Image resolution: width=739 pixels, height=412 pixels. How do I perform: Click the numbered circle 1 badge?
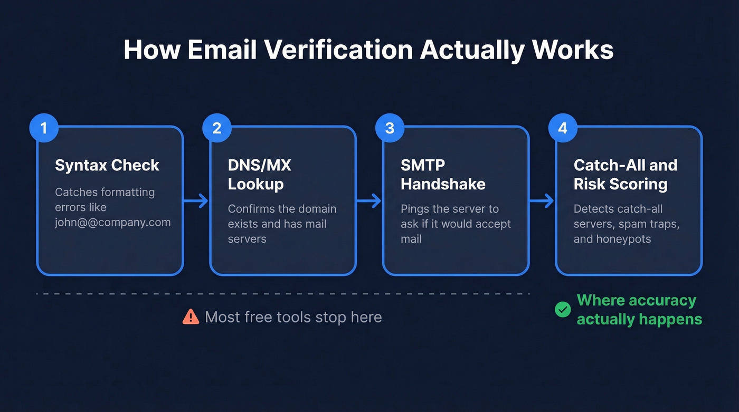pyautogui.click(x=44, y=128)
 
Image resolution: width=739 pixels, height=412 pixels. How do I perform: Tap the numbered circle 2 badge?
pyautogui.click(x=217, y=128)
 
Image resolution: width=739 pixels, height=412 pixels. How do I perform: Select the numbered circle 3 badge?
pyautogui.click(x=390, y=128)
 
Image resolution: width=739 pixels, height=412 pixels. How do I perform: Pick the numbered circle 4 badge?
pyautogui.click(x=563, y=128)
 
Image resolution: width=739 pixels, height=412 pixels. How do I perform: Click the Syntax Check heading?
pyautogui.click(x=107, y=165)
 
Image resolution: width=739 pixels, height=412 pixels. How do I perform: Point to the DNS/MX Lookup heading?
pyautogui.click(x=259, y=174)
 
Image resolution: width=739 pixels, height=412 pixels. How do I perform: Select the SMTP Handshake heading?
pyautogui.click(x=443, y=174)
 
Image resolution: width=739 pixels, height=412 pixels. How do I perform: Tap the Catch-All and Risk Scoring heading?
pyautogui.click(x=625, y=174)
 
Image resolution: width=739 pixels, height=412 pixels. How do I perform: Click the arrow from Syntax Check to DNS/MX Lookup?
pyautogui.click(x=196, y=200)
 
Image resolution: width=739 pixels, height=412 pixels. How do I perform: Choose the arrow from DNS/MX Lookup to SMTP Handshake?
pyautogui.click(x=369, y=200)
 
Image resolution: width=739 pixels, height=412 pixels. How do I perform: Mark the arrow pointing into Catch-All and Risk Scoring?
pyautogui.click(x=542, y=200)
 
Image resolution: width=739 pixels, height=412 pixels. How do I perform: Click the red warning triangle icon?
pyautogui.click(x=191, y=317)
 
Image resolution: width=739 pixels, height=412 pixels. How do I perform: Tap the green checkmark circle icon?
pyautogui.click(x=563, y=310)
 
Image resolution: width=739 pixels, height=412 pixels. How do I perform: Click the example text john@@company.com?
pyautogui.click(x=112, y=222)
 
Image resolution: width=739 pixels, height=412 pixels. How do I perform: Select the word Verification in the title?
pyautogui.click(x=338, y=50)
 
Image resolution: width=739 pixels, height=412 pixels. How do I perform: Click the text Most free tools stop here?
pyautogui.click(x=293, y=317)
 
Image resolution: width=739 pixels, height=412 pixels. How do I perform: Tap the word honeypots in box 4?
pyautogui.click(x=622, y=239)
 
